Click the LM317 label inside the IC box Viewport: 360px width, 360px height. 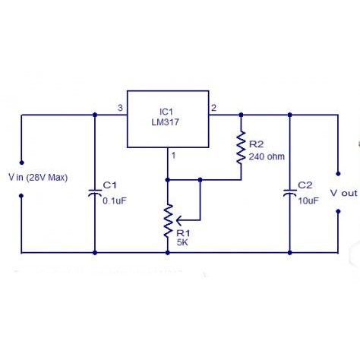166,122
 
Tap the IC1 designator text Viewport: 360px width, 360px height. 166,112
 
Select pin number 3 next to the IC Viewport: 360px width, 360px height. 120,108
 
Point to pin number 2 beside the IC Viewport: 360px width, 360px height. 213,108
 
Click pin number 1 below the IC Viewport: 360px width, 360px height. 173,155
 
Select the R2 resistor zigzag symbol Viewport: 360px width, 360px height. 241,147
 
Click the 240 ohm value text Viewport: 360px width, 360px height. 267,156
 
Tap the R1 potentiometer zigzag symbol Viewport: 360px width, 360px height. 168,221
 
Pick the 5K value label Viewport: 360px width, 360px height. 182,242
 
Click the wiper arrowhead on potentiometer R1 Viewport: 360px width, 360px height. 178,220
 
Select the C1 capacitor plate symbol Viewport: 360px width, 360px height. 95,193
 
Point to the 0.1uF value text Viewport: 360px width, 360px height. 115,201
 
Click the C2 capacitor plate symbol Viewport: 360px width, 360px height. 290,193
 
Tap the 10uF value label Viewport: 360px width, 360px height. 308,201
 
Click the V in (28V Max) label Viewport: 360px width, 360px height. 38,178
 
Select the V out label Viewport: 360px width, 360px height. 344,193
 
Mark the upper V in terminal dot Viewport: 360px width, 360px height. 22,163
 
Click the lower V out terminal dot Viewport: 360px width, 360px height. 338,211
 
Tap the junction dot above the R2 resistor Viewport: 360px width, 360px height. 241,115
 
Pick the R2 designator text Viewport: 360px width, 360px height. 257,144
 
